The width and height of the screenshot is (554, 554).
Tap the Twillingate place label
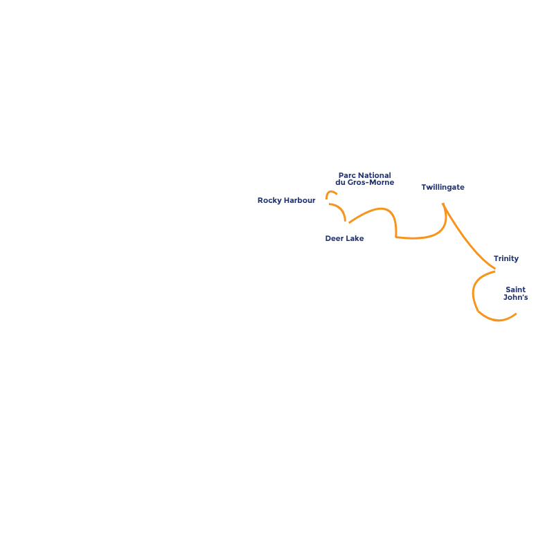point(443,187)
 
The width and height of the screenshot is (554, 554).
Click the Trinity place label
point(506,258)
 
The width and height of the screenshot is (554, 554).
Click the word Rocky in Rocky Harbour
point(269,201)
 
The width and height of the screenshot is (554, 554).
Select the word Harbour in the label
point(300,201)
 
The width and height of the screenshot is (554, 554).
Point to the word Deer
point(334,238)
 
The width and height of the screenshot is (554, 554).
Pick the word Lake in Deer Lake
point(355,238)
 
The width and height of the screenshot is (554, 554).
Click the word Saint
point(515,289)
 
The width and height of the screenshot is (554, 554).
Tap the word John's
point(515,298)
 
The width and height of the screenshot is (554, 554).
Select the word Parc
point(347,175)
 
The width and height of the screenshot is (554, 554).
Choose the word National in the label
point(374,175)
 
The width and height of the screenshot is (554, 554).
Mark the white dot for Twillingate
point(442,199)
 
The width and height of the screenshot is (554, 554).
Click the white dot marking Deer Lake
point(346,225)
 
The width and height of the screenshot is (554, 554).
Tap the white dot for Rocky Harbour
point(325,203)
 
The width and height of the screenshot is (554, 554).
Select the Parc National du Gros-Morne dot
point(341,195)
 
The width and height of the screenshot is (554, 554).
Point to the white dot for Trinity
point(499,271)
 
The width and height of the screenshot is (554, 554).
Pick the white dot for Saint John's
point(519,312)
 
